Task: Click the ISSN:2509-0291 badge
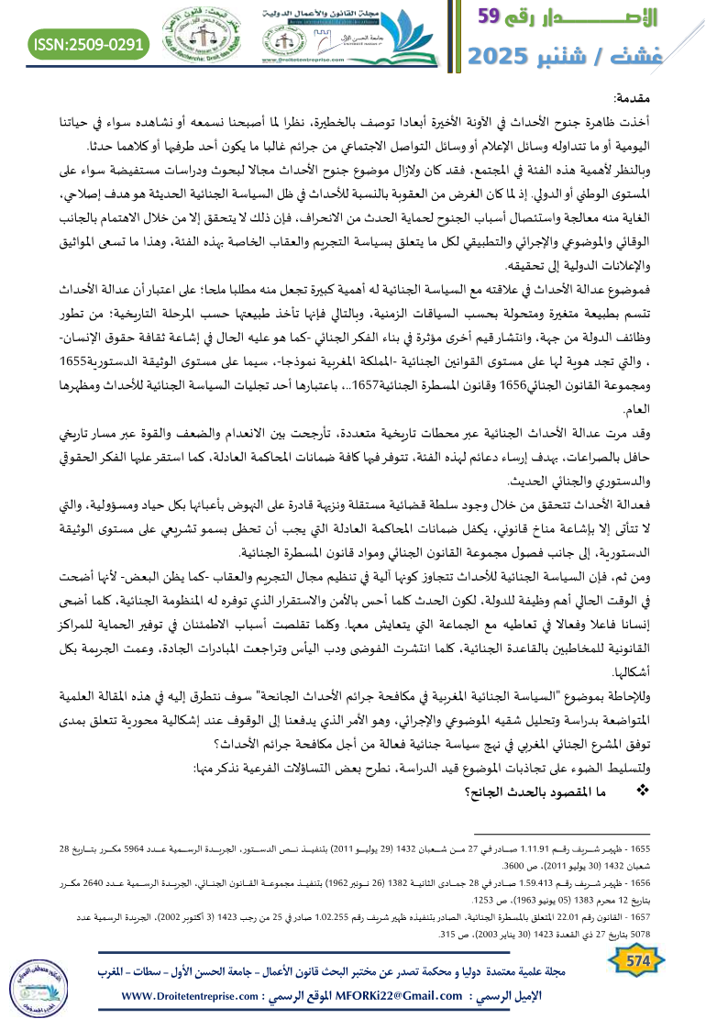(89, 42)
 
